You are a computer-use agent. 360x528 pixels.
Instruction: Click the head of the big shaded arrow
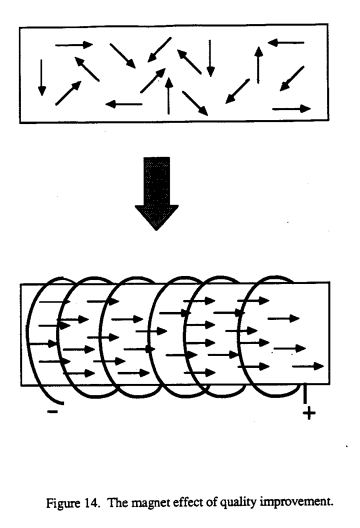(x=156, y=217)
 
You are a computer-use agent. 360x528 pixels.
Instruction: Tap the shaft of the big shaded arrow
(x=156, y=181)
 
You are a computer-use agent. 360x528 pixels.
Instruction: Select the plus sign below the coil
(x=309, y=413)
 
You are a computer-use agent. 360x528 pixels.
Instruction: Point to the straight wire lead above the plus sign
(x=305, y=393)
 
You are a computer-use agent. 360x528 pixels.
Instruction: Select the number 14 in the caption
(x=92, y=503)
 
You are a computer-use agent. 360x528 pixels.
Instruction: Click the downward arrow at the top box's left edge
(x=42, y=78)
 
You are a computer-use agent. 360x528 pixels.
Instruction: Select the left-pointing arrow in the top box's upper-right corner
(x=286, y=43)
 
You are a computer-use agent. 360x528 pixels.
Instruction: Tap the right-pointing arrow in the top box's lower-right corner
(x=291, y=109)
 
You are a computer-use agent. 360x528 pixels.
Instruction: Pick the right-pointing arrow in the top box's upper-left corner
(x=74, y=45)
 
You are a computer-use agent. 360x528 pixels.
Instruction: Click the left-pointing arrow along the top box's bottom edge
(x=123, y=104)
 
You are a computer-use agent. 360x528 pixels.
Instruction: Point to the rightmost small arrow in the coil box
(x=308, y=366)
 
